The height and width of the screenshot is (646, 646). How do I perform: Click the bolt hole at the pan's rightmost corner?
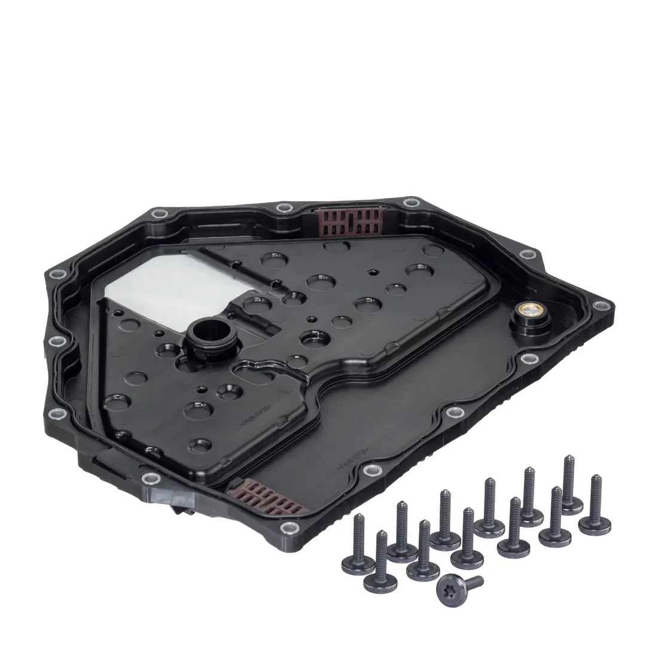[599, 307]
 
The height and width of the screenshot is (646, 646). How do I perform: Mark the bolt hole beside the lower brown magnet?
[288, 528]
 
